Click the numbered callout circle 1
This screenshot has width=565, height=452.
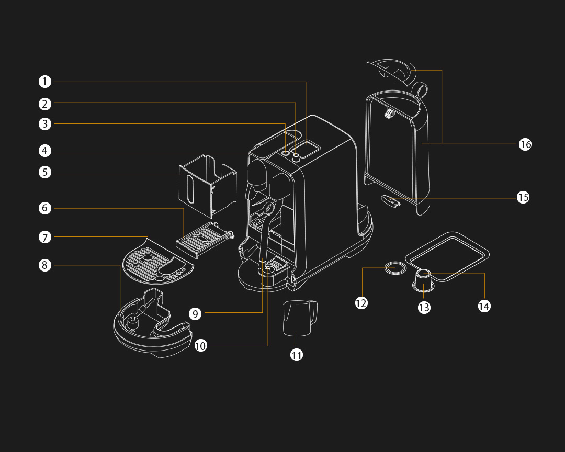(45, 82)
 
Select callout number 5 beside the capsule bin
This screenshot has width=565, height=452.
(45, 172)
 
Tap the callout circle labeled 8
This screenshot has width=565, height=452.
(45, 265)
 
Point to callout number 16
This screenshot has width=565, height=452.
(525, 144)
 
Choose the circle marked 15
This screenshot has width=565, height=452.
(523, 197)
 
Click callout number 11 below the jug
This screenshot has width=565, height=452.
(297, 355)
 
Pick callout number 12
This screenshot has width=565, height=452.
(361, 303)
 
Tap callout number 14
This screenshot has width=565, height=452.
(484, 306)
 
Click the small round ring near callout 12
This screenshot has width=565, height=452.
(395, 267)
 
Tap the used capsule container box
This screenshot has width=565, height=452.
(207, 186)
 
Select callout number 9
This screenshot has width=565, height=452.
(195, 314)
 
